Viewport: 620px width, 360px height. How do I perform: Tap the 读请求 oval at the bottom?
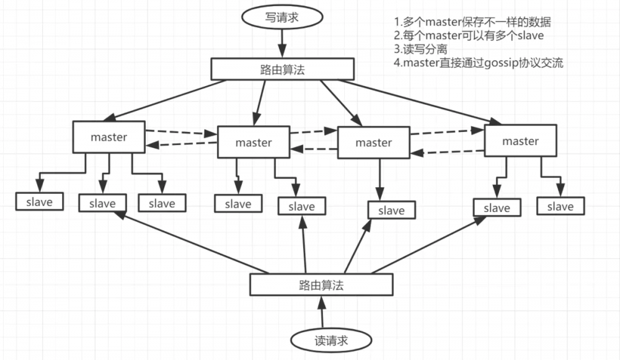[331, 340]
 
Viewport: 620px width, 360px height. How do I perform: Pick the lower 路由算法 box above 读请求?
[321, 285]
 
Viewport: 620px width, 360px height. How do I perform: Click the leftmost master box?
[108, 138]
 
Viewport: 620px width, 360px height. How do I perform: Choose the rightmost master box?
[520, 141]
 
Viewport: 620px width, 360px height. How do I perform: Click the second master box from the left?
[253, 143]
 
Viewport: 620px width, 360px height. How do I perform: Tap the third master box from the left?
[373, 143]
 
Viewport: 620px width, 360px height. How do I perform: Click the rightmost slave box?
[560, 206]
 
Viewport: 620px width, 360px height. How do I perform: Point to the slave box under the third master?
[391, 211]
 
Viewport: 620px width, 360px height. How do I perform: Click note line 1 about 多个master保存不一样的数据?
[472, 22]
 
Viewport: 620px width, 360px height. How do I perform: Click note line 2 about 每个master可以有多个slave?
[469, 36]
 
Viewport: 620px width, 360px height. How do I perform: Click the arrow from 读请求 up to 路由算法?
[321, 312]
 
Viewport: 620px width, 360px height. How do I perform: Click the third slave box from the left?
[162, 203]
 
